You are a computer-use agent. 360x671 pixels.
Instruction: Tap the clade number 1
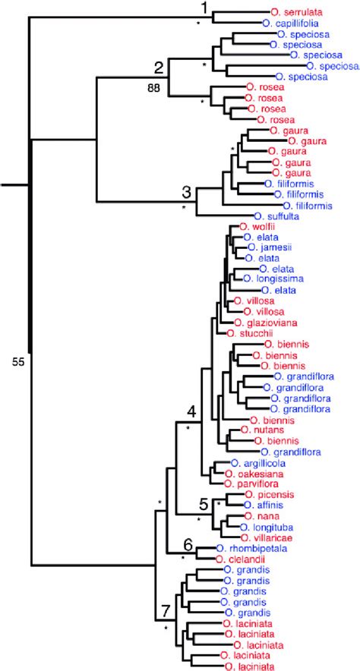coord(203,8)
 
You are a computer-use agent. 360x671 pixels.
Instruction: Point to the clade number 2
coord(159,65)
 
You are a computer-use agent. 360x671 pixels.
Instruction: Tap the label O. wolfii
coord(257,226)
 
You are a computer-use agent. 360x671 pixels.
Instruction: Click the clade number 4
coord(192,412)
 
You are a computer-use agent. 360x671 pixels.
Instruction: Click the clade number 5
coord(204,503)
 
